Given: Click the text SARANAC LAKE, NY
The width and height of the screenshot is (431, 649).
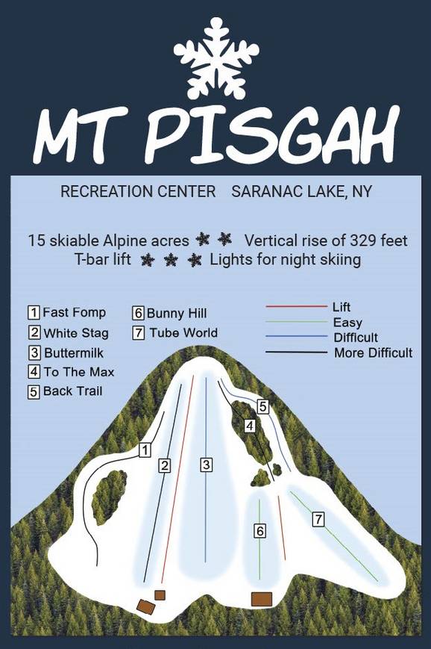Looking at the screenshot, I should (302, 192).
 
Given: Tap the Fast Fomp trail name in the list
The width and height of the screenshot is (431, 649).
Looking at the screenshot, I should (74, 313).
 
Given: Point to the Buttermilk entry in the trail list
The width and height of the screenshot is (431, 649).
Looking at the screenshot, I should (73, 353).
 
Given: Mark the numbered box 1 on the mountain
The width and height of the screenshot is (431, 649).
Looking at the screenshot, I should (145, 450).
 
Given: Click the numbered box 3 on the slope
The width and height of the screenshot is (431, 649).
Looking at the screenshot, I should (206, 465).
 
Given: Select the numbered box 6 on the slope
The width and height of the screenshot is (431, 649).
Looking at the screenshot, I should (259, 531).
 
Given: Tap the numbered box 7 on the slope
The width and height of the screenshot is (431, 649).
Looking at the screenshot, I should (318, 518).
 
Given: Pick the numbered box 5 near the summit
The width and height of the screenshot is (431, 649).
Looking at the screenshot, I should (262, 406).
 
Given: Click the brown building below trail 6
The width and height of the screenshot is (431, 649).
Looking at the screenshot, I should (261, 599).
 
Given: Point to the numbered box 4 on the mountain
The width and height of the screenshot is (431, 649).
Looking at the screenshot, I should (251, 425).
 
